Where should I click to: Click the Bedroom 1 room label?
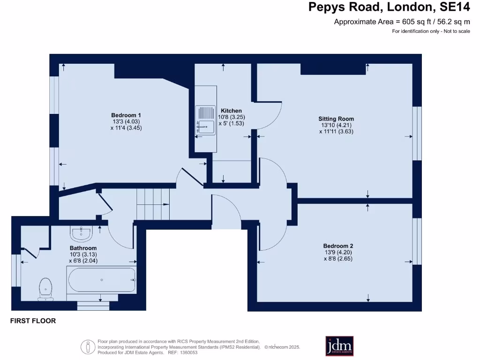pos(126,115)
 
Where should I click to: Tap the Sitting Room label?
pos(336,119)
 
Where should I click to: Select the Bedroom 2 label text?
pos(338,246)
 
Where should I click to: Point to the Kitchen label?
pos(232,111)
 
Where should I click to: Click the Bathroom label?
pos(83,248)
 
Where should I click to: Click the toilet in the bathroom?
pos(45,288)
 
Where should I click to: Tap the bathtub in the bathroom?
pos(102,280)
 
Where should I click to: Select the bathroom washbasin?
pos(82,232)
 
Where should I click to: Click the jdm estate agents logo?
pos(339,346)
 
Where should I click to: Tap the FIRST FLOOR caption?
pos(33,321)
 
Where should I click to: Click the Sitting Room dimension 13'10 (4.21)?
pos(336,125)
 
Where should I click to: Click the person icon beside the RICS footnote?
pos(87,347)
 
